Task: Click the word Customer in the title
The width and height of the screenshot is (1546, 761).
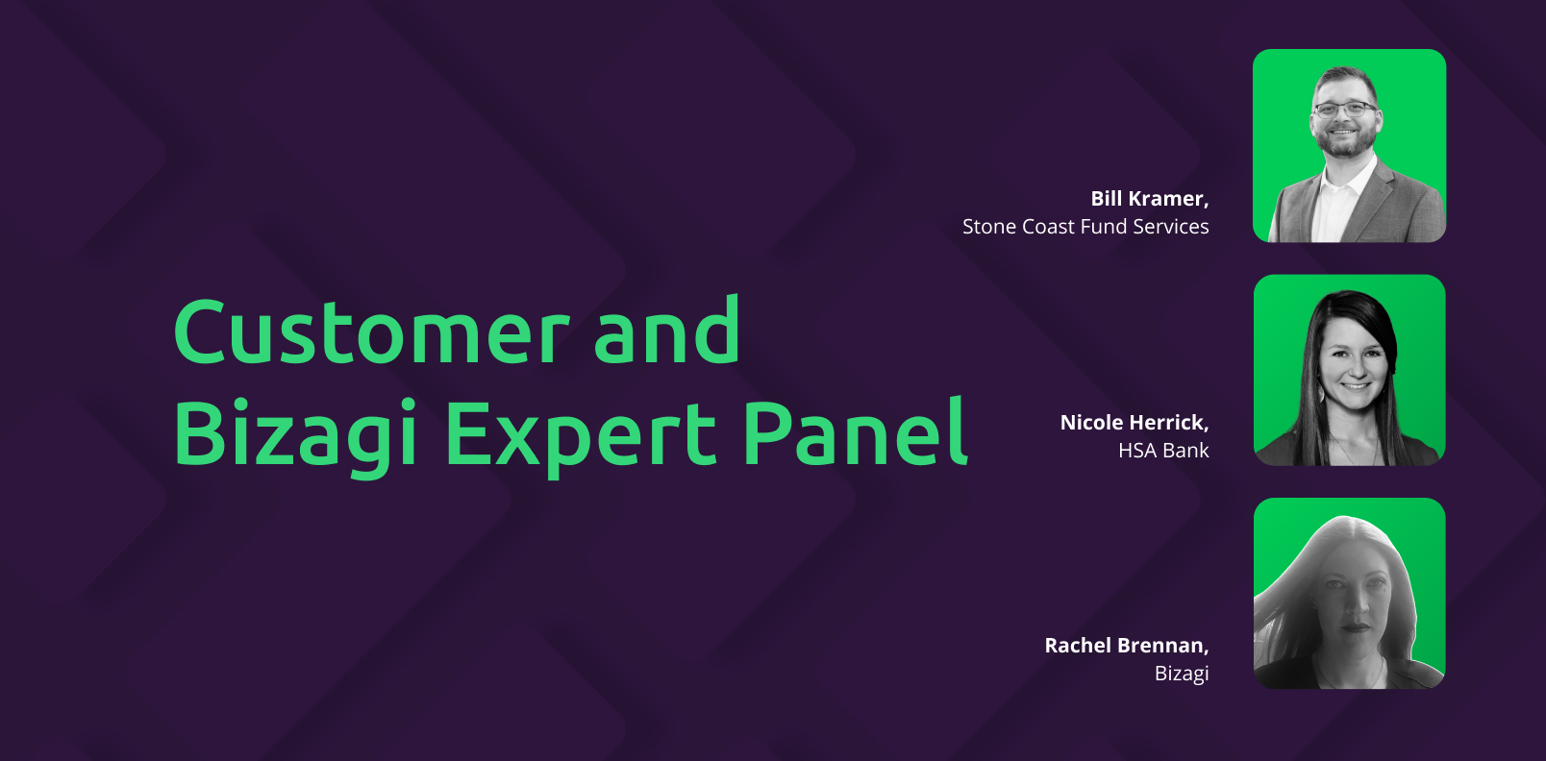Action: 372,331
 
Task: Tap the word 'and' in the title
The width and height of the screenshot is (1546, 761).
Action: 666,329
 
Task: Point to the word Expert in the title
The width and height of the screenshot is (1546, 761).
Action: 581,437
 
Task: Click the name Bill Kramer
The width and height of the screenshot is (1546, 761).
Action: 1150,199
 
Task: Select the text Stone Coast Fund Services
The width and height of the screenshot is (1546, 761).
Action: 1085,227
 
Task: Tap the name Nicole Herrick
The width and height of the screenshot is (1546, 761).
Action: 1135,422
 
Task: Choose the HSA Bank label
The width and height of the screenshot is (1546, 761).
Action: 1163,451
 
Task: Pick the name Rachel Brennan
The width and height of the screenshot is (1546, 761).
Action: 1127,645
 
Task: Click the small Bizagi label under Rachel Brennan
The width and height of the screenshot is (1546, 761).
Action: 1182,674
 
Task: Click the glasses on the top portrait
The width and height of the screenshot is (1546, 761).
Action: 1344,109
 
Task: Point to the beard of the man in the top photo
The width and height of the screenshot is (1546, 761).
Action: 1344,140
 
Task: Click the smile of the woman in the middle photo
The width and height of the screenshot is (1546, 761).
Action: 1354,386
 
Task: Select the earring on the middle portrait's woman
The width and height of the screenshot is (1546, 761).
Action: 1322,393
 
